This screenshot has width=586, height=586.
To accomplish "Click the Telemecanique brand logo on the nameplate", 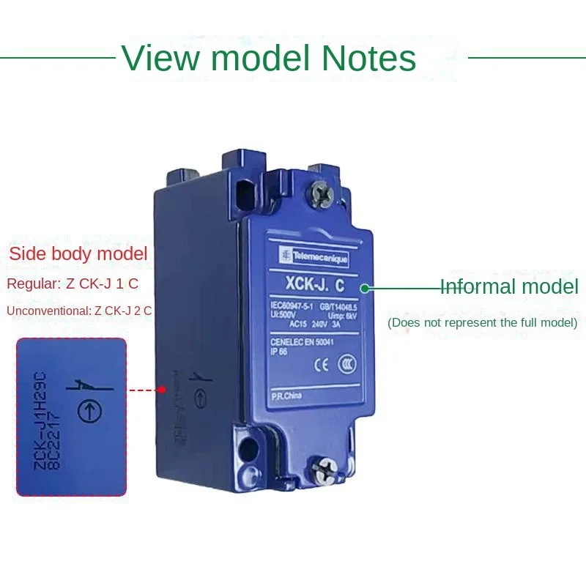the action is (314, 257).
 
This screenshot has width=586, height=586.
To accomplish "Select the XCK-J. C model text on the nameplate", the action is (311, 279).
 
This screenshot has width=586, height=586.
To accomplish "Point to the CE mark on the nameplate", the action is (319, 363).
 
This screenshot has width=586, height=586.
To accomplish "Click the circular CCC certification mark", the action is (347, 364).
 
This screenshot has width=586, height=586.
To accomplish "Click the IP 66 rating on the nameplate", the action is (279, 350).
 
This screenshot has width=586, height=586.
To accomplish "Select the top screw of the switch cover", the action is (322, 193).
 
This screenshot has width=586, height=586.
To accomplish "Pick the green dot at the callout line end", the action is (364, 288).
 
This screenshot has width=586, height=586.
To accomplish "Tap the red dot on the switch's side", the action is (161, 390).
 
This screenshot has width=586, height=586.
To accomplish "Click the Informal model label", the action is (509, 287).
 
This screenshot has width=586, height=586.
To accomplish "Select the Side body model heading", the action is (78, 254).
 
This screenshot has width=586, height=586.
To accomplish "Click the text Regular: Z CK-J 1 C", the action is (72, 283).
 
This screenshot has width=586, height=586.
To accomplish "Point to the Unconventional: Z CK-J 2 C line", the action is (79, 311).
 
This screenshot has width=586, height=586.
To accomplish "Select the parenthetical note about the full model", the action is (482, 322).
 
